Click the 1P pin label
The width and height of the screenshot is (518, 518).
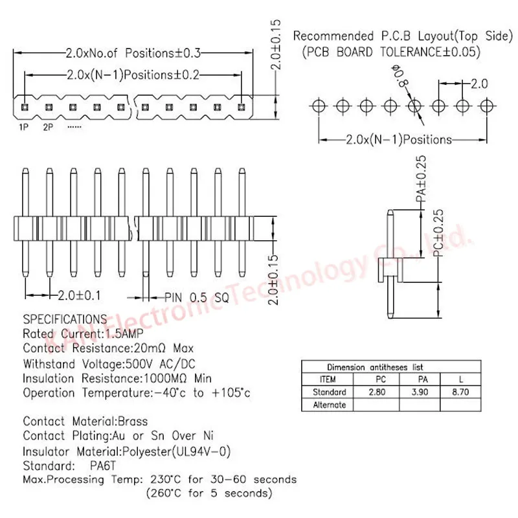click(x=23, y=127)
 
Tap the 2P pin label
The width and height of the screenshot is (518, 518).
click(x=49, y=127)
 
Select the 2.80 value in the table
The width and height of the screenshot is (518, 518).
click(x=376, y=392)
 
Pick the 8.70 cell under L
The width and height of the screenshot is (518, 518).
click(x=461, y=392)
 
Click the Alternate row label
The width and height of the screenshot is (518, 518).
click(x=329, y=405)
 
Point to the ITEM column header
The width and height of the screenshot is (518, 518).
click(x=328, y=379)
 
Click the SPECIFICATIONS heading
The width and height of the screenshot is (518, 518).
click(x=65, y=319)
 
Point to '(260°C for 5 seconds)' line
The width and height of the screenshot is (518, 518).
click(x=208, y=494)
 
